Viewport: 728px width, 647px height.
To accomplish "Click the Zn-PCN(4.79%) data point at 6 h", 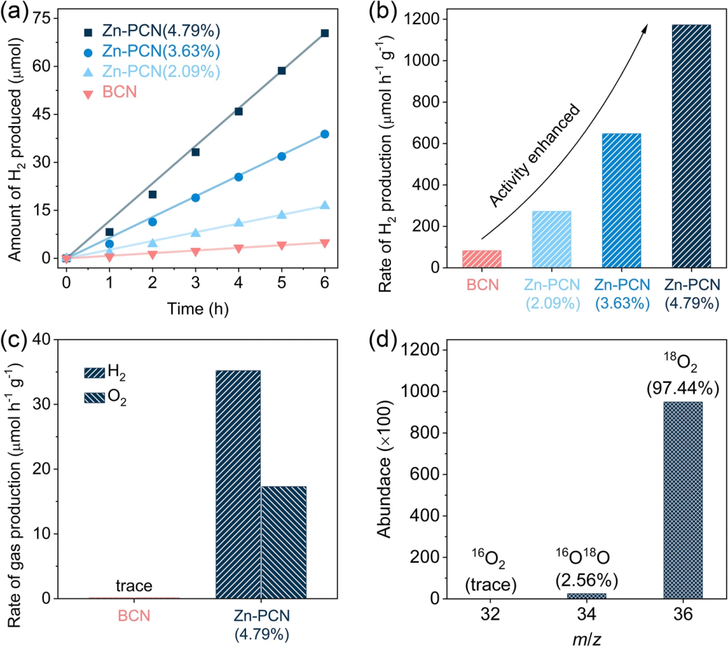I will [325, 33].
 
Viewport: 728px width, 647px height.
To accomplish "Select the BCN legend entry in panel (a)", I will [119, 93].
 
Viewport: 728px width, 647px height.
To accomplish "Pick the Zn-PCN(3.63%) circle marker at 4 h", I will [239, 177].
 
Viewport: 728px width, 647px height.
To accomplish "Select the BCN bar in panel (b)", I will [481, 259].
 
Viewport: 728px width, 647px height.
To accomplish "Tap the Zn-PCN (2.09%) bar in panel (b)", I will [551, 239].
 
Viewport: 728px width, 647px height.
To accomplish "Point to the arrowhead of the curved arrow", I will [645, 28].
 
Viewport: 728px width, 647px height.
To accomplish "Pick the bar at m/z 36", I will [683, 499].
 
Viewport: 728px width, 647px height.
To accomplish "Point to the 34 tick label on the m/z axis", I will [586, 615].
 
